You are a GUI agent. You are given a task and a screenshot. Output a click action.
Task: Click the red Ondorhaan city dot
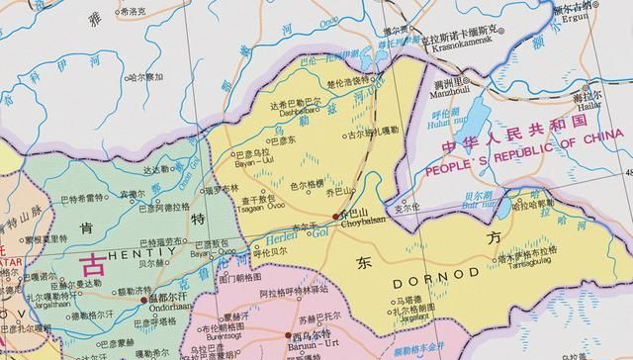tap(143, 298)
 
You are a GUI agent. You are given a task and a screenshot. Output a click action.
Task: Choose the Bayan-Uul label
tap(245, 162)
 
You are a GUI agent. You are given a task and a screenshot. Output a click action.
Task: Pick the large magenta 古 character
tap(93, 264)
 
